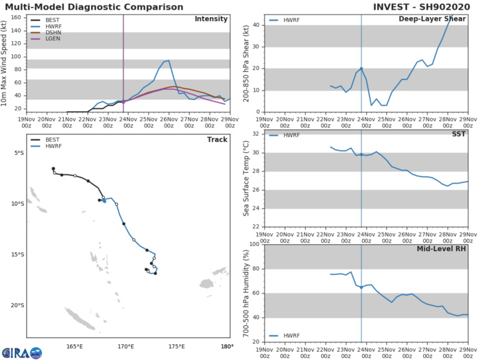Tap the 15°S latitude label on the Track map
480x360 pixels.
pyautogui.click(x=16, y=254)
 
